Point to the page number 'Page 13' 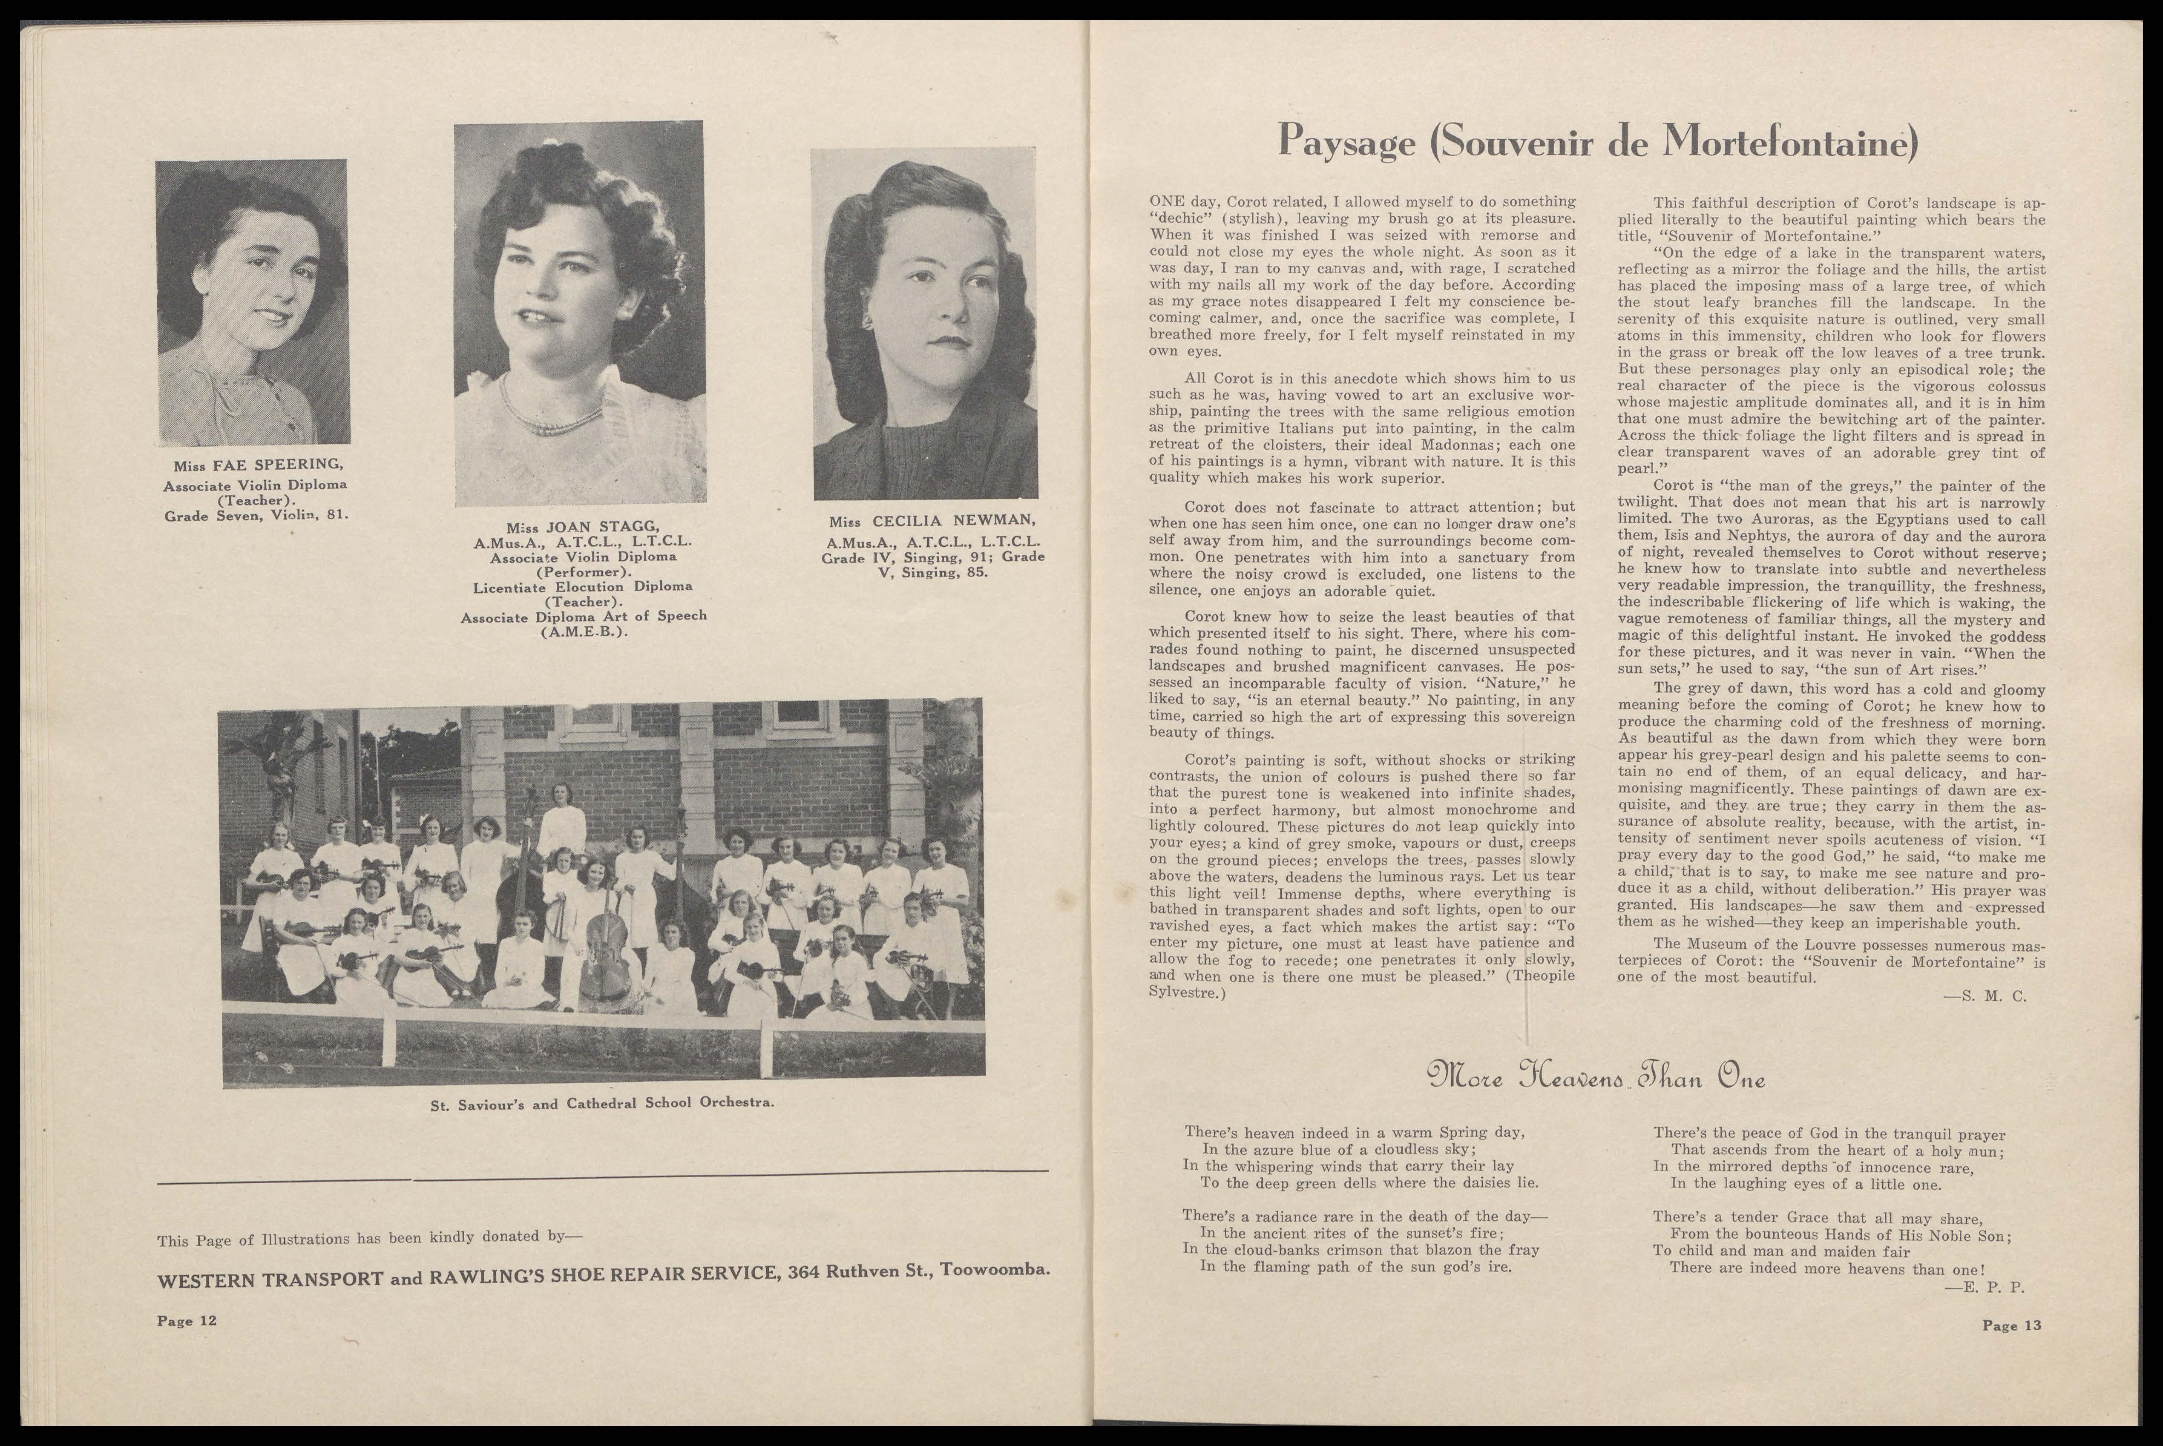(2012, 1326)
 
